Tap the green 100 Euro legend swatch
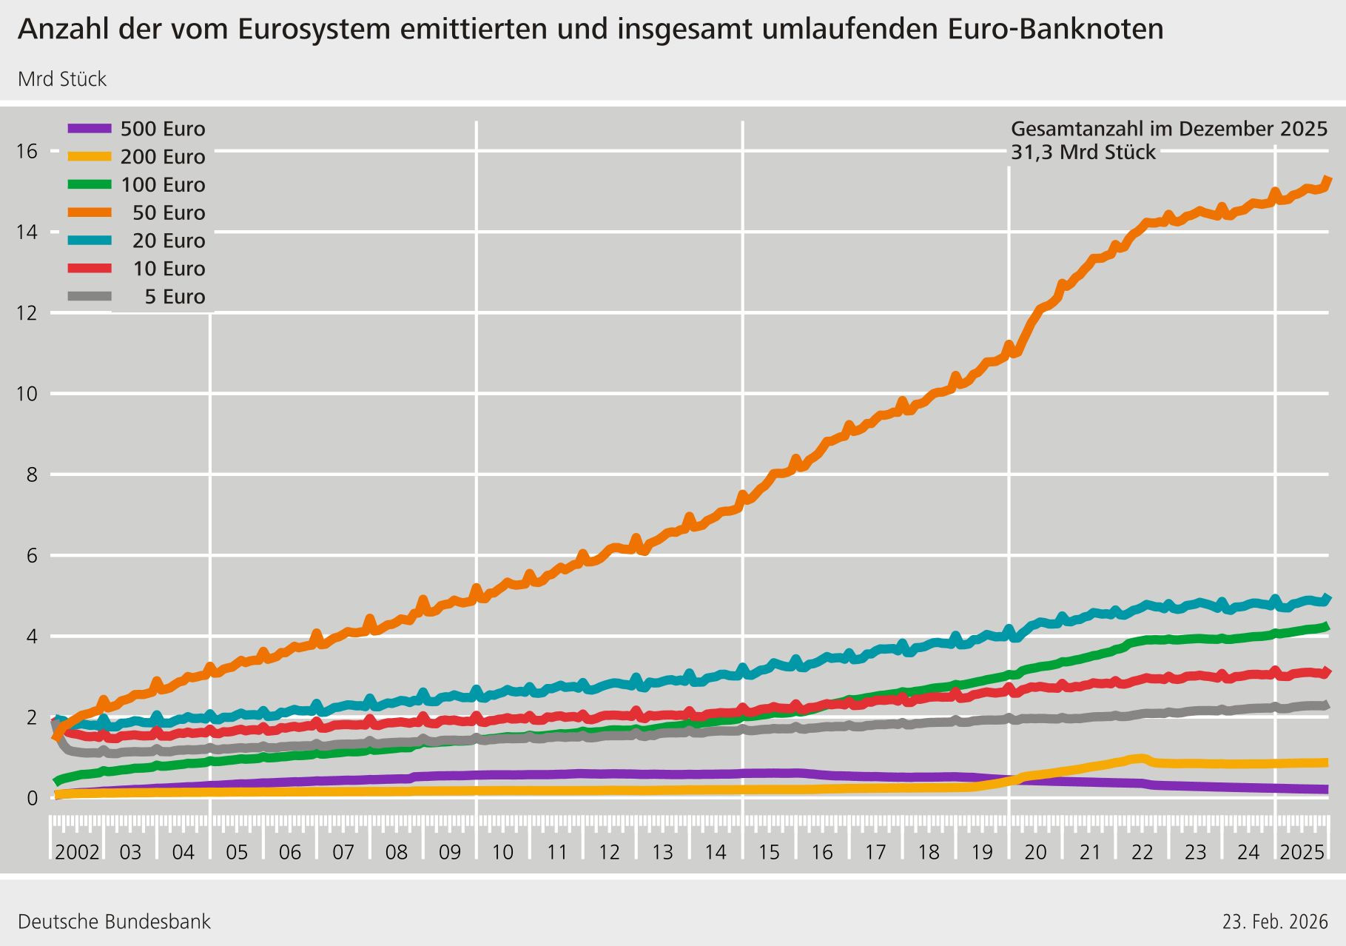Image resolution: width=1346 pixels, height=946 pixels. tap(90, 184)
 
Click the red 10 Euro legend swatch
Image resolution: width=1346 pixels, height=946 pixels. tap(90, 269)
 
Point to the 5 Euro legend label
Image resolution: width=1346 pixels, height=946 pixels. tap(175, 298)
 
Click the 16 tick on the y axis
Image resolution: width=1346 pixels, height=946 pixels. tap(27, 152)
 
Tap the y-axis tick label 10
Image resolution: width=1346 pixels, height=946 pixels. tap(27, 394)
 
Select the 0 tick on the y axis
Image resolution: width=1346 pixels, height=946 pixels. tap(32, 798)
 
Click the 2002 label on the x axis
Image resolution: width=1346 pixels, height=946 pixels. tap(77, 853)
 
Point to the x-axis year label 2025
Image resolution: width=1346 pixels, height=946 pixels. tap(1302, 853)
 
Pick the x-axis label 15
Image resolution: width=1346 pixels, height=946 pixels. tap(769, 853)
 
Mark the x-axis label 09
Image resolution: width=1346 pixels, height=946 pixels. tap(449, 853)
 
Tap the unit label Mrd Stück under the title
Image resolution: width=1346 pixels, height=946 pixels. tap(62, 79)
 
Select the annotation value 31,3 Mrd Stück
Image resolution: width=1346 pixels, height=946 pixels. tap(1083, 152)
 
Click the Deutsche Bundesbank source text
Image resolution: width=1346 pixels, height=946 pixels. tap(114, 922)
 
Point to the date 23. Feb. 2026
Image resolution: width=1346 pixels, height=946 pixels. tap(1275, 922)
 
